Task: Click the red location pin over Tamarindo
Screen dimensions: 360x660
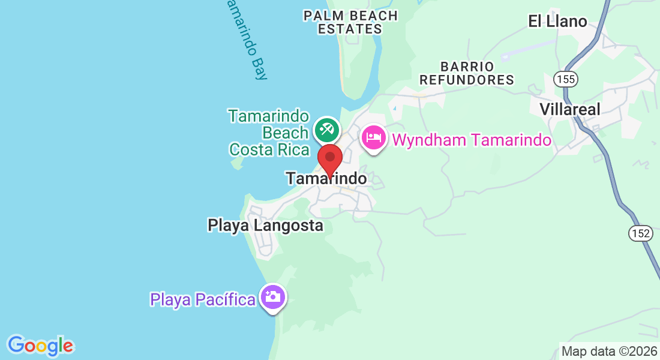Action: pos(329,158)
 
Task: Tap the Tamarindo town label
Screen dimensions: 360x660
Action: pos(326,178)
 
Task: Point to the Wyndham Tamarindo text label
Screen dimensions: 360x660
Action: pos(471,140)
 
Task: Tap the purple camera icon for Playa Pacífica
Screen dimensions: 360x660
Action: pos(273,296)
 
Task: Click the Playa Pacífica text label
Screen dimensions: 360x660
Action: pos(203,299)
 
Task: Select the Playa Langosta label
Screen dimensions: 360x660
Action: pos(265,226)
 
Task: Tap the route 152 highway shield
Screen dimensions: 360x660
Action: pos(641,233)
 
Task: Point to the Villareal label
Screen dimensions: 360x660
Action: pos(570,109)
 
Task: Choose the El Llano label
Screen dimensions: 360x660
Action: pos(557,21)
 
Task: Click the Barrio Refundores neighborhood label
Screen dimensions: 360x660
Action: pos(467,73)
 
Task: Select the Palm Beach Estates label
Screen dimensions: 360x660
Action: pos(350,22)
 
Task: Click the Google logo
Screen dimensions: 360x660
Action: pos(40,346)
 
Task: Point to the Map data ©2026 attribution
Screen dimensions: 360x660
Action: pos(608,352)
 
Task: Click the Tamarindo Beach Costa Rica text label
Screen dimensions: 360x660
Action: pos(269,133)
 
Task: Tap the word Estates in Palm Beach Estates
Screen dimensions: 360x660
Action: pos(350,29)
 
